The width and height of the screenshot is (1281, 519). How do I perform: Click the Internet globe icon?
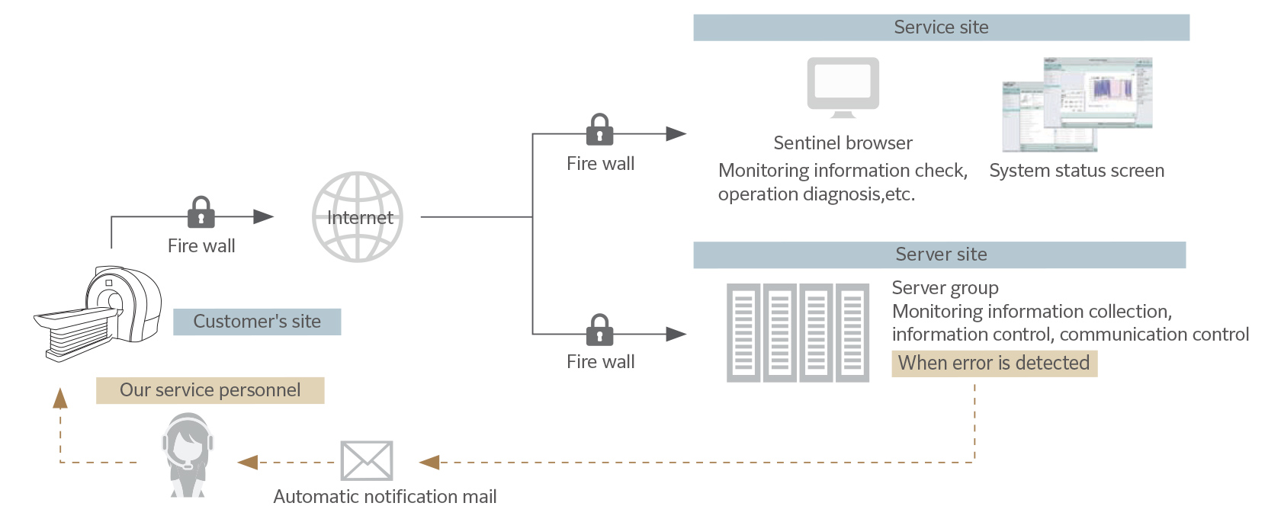[358, 217]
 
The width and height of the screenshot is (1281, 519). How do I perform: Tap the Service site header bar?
[941, 27]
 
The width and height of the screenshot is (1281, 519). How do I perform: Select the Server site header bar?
[939, 255]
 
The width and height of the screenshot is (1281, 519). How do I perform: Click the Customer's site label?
[257, 322]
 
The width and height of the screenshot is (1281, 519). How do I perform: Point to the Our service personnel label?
[210, 390]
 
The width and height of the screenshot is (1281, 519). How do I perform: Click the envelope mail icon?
[367, 461]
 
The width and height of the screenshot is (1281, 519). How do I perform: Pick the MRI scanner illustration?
[99, 312]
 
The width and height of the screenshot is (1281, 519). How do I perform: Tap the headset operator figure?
[187, 455]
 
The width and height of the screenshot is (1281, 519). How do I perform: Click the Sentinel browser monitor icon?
[843, 87]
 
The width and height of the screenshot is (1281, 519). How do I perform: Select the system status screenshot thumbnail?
[1077, 104]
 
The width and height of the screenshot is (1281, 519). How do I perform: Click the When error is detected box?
[994, 364]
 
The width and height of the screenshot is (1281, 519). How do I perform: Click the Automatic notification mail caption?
[385, 497]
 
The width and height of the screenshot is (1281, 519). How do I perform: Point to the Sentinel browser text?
[843, 143]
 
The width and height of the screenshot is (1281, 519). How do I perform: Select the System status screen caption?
[1077, 171]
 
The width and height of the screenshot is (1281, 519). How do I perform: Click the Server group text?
[945, 288]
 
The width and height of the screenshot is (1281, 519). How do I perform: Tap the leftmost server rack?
[743, 332]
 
